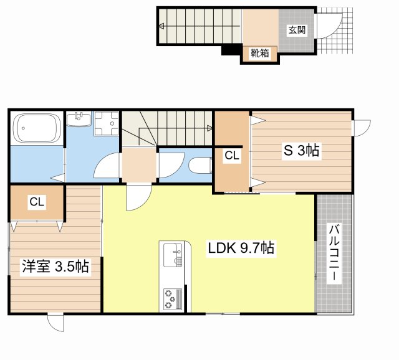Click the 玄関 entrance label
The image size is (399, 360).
coord(297,29)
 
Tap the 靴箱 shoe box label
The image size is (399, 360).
coord(259,54)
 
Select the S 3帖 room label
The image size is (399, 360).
coord(302,150)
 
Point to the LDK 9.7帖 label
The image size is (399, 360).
coord(241,249)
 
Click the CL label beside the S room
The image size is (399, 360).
coord(232,156)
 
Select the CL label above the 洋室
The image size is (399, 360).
coord(36,202)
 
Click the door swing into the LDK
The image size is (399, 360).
coord(136,198)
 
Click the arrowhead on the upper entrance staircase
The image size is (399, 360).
coord(161,26)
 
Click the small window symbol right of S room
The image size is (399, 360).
coord(361,126)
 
